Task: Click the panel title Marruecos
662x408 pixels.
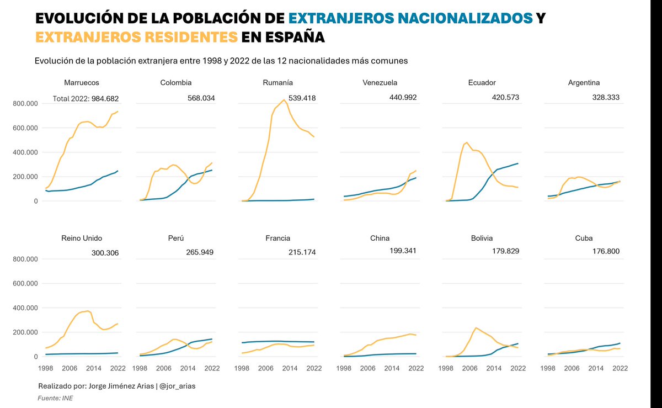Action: (x=81, y=83)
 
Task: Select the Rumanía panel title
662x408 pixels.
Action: (x=278, y=83)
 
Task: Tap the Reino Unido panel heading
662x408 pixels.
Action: (x=81, y=239)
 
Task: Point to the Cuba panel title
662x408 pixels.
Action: (x=584, y=239)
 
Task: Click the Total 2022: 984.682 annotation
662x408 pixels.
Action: (x=86, y=99)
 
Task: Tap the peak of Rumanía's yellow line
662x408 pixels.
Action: (x=284, y=100)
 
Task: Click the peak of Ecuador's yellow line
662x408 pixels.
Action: (x=467, y=142)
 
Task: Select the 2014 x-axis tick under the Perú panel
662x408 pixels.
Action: (x=188, y=368)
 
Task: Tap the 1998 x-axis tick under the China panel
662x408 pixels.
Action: (x=344, y=368)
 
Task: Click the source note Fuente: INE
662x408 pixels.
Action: (x=55, y=398)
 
